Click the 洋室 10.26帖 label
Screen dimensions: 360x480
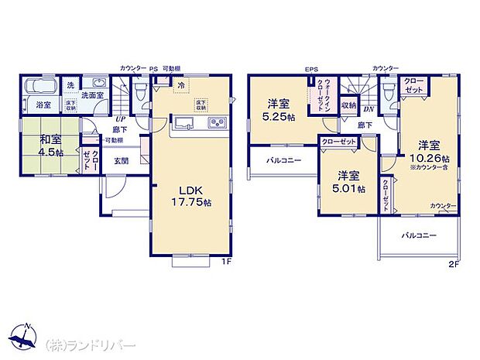click(429, 152)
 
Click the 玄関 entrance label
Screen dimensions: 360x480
click(122, 161)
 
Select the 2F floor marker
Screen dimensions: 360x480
click(453, 263)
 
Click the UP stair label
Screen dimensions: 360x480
click(120, 120)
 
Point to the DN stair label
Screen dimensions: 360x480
click(369, 109)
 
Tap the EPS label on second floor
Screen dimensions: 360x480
click(311, 70)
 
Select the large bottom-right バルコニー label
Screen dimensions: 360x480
click(418, 234)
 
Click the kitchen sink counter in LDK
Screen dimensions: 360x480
click(197, 123)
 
